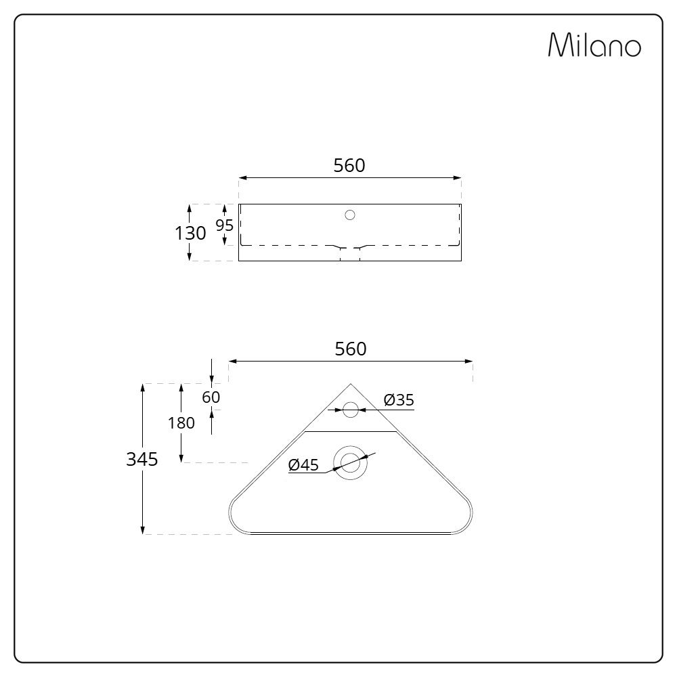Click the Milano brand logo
(594, 45)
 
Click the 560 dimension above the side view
(349, 165)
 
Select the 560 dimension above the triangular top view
(351, 349)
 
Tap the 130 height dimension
(190, 233)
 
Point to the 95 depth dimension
(224, 225)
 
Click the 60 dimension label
(211, 397)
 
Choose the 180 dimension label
(181, 423)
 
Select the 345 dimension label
(142, 459)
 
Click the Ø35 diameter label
(398, 400)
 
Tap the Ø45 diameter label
(303, 465)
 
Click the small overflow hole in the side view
(350, 215)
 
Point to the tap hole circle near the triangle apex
(351, 410)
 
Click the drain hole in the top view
(351, 462)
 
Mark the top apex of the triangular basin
(351, 385)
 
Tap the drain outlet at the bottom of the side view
(350, 255)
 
